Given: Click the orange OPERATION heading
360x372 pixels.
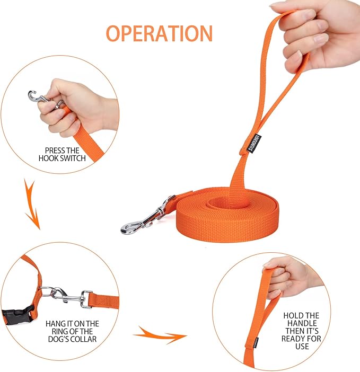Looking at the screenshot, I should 159,33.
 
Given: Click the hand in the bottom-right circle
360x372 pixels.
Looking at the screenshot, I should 286,276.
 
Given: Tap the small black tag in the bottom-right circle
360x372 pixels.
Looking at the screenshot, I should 256,342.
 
